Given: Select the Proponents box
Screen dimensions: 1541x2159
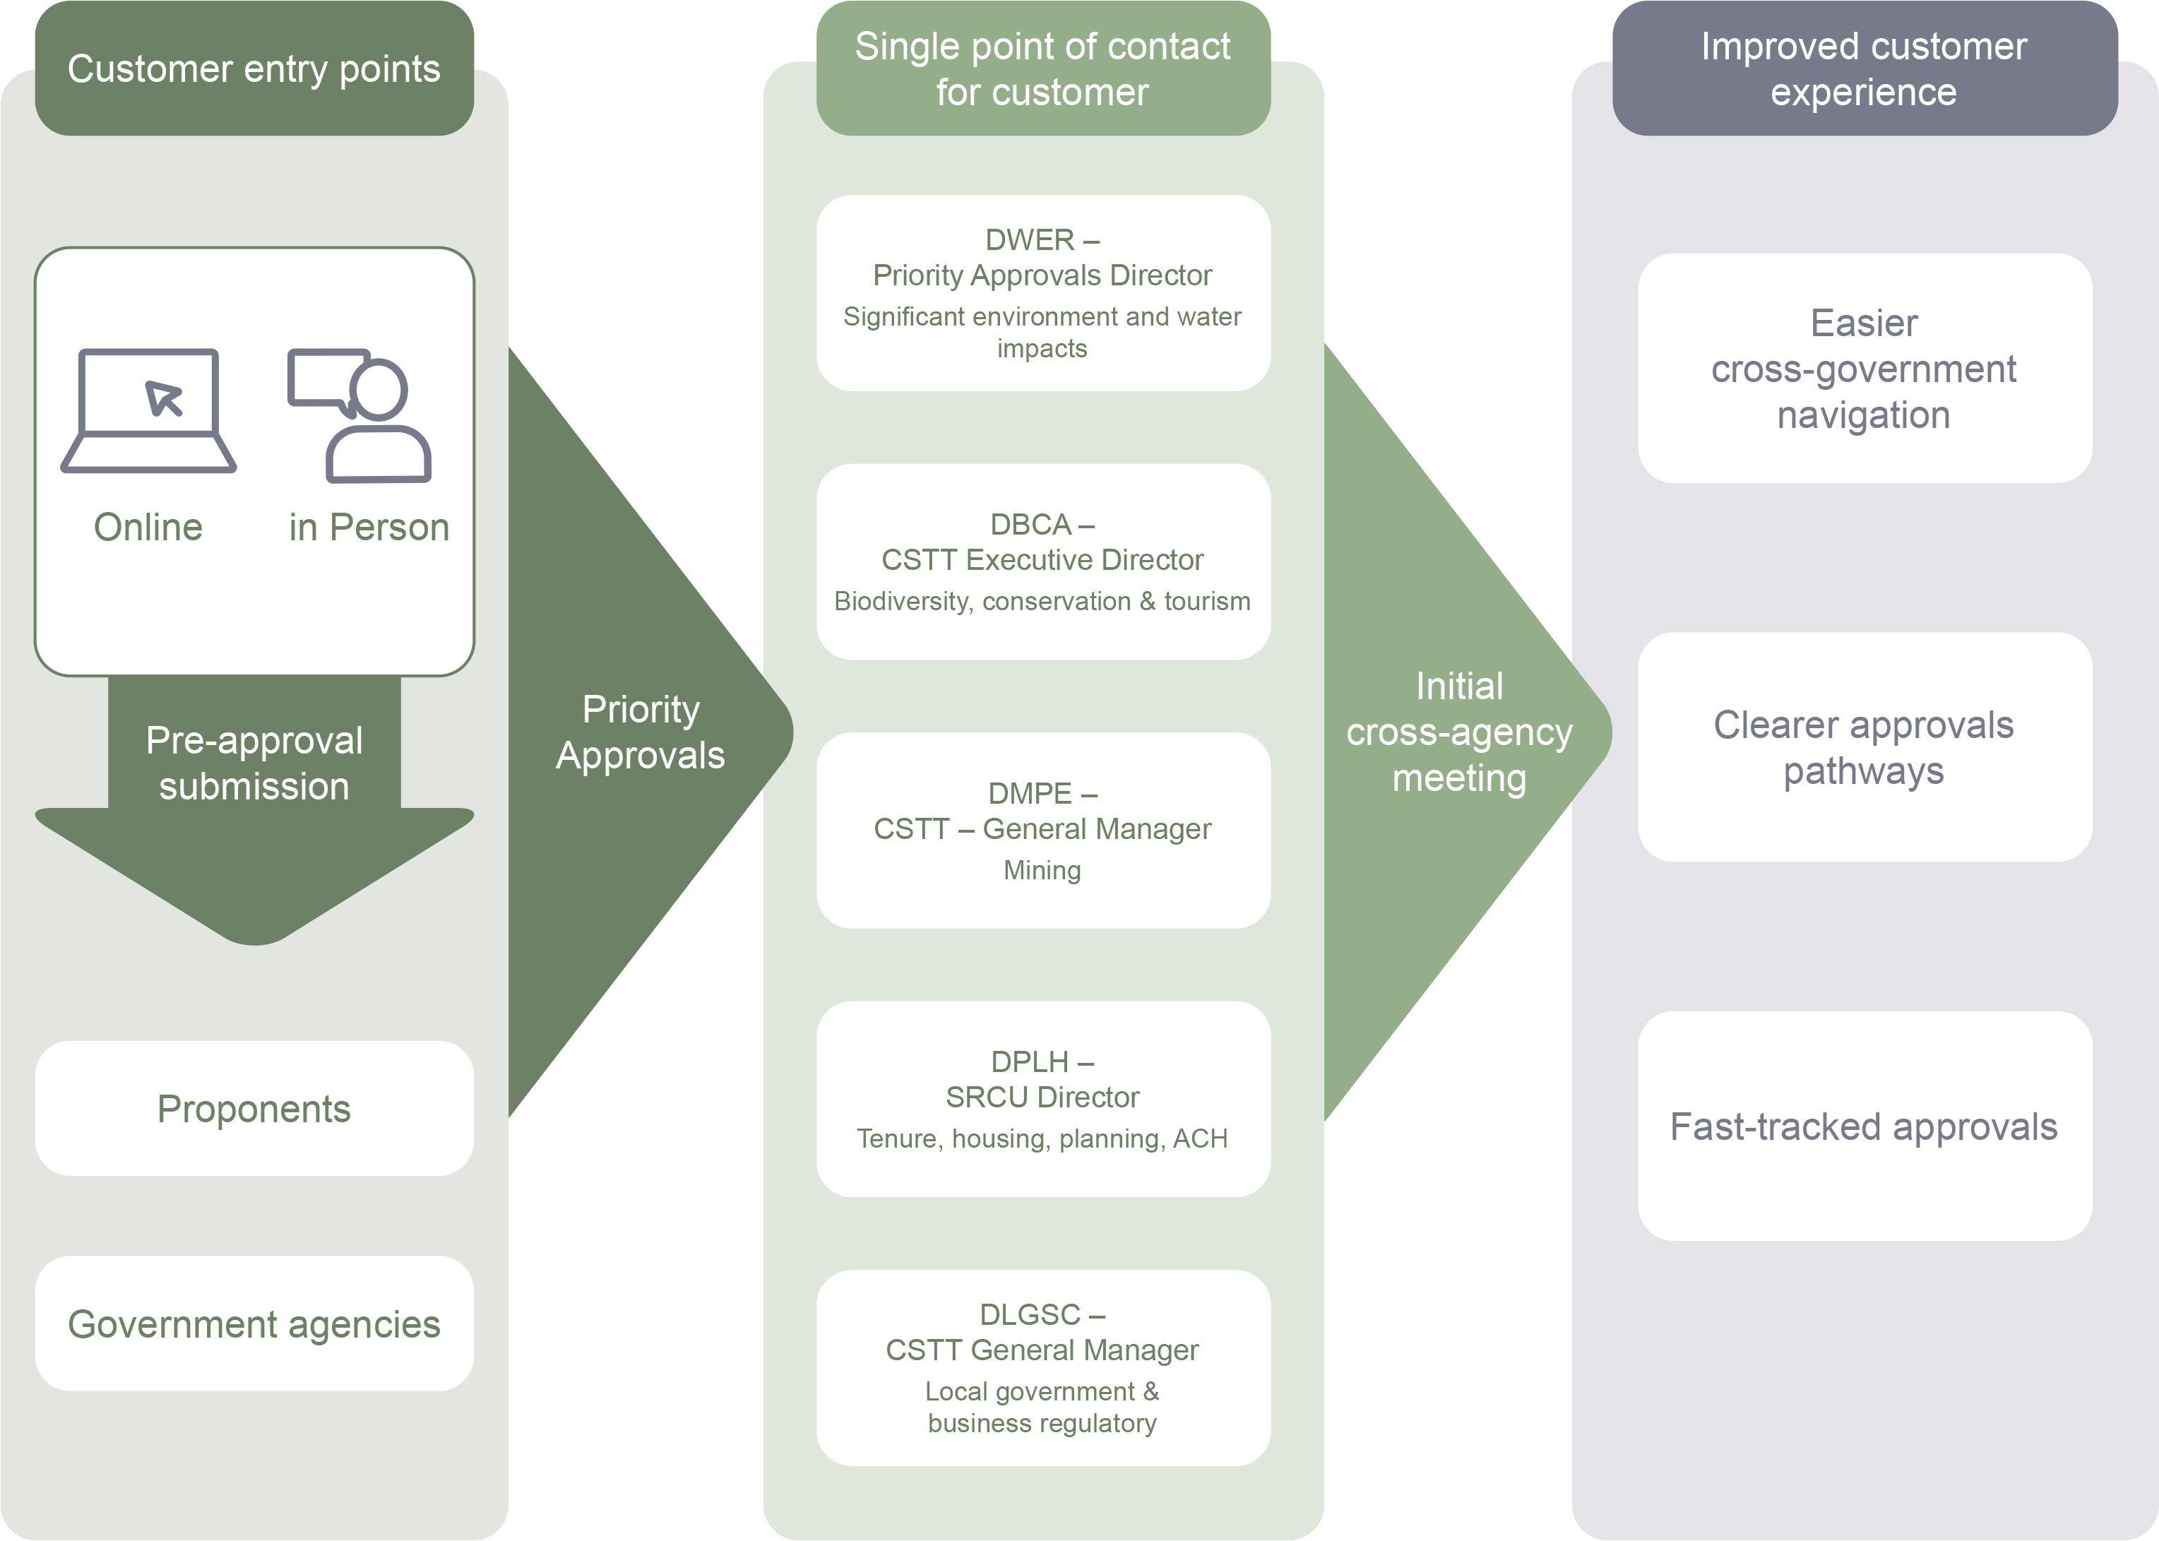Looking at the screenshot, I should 254,1108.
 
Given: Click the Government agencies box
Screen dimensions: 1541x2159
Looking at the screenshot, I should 254,1323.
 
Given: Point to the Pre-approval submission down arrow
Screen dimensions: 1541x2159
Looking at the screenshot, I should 254,807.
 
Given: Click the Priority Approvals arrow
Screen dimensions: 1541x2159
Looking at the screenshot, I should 641,732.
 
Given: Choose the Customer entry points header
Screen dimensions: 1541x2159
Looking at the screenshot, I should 254,69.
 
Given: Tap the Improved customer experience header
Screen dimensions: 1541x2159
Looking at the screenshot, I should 1864,69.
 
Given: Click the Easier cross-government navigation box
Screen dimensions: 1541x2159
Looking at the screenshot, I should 1864,368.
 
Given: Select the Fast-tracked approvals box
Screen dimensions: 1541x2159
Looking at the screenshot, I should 1864,1126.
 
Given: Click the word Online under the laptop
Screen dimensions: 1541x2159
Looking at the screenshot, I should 148,527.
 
